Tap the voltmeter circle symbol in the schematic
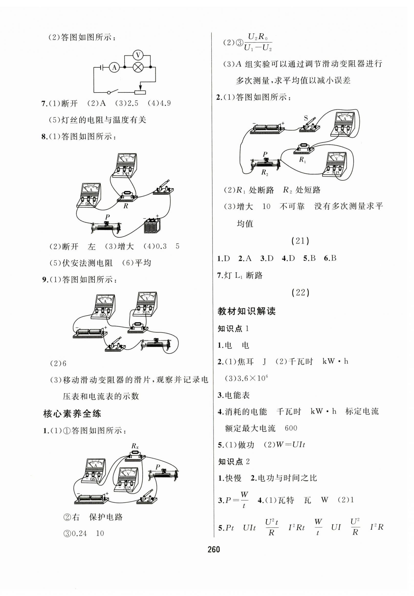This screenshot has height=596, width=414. coord(138,55)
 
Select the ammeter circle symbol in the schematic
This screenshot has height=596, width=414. coord(114,68)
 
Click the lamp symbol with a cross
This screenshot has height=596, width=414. coord(138,68)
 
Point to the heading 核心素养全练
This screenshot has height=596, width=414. coord(72,414)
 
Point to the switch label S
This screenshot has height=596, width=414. coord(306,118)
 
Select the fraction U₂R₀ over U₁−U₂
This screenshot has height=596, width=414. coord(258,42)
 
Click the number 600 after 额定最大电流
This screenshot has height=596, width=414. coord(291,428)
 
